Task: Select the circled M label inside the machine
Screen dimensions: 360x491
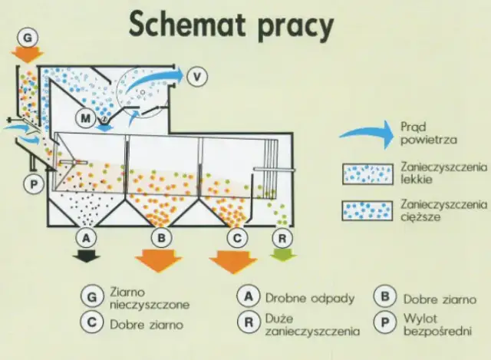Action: point(85,118)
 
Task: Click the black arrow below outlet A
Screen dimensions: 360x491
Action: point(88,256)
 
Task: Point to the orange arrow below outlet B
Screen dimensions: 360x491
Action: point(160,259)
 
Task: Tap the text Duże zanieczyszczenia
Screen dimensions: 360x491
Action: point(311,325)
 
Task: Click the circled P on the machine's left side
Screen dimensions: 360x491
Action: point(34,185)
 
